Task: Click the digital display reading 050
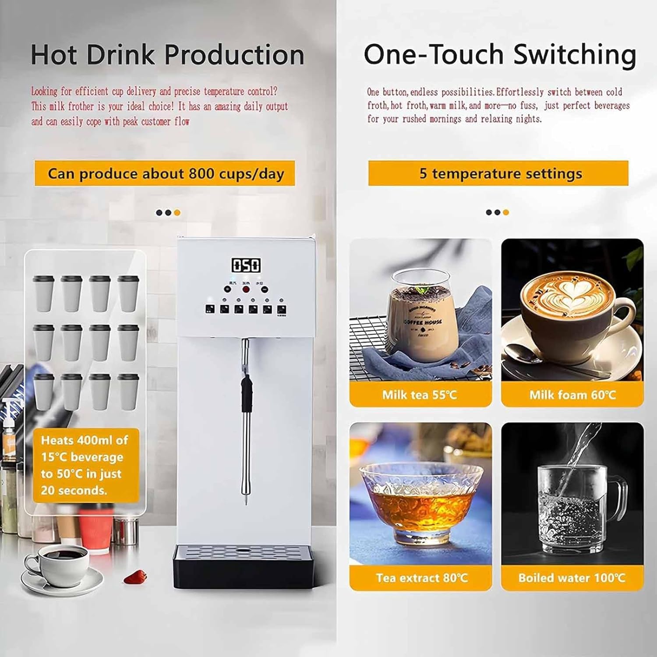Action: [x=246, y=265]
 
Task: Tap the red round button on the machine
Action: [x=246, y=289]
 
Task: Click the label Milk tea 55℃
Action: [x=420, y=395]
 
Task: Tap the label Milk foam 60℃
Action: [x=572, y=395]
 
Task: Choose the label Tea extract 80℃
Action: [x=421, y=578]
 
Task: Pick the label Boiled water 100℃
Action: [x=572, y=578]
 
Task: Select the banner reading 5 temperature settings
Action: [x=498, y=173]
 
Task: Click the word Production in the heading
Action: [x=234, y=55]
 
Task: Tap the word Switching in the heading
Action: [x=574, y=55]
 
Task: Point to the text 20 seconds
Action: [x=74, y=490]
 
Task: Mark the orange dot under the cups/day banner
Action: [x=177, y=213]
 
